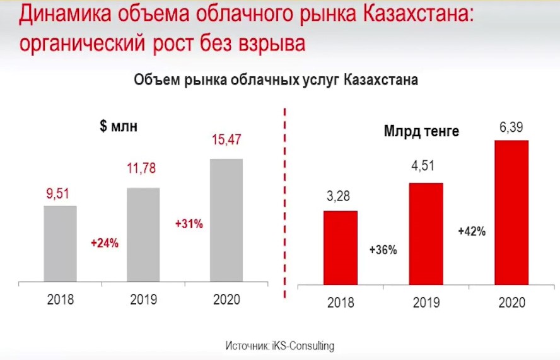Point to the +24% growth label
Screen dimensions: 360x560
click(105, 243)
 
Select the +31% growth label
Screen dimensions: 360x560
click(189, 224)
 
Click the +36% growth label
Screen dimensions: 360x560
click(383, 250)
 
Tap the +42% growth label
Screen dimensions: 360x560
click(472, 231)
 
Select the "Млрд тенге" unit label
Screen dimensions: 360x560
click(421, 132)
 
